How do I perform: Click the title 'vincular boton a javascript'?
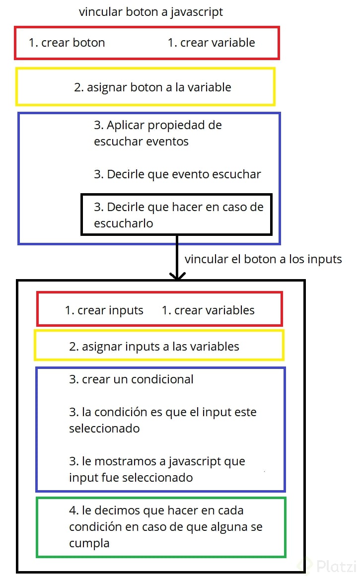coord(150,12)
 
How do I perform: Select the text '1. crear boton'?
coord(67,43)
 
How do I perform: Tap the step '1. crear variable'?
coord(212,43)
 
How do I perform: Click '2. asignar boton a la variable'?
coord(152,87)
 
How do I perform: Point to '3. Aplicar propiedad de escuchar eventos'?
coord(158,133)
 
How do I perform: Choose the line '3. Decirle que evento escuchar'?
coord(177,174)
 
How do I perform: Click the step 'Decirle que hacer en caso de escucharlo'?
coord(179,215)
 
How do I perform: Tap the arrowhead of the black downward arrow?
coord(177,276)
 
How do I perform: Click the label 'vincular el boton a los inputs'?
coord(263,259)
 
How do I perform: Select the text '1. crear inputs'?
coord(104,310)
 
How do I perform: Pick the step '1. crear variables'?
coord(208,310)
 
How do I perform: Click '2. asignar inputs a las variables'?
coord(154,347)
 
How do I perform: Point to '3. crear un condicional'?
coord(131,379)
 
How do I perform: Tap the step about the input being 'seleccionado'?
coord(162,420)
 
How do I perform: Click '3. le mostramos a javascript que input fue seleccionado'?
coord(157,469)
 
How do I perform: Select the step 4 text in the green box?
coord(165,527)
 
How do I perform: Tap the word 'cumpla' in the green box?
coord(89,543)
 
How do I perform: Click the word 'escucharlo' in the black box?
coord(123,223)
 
